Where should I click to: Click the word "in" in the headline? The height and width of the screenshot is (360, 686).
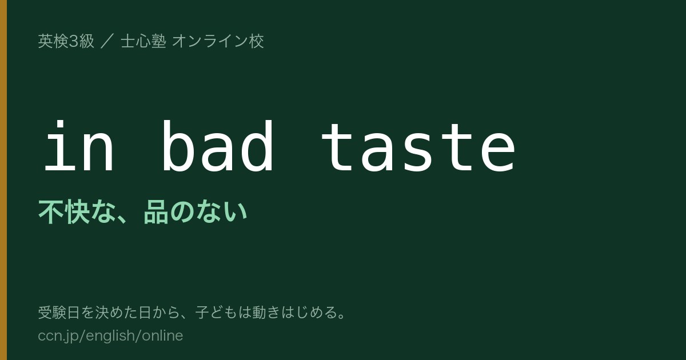(x=79, y=146)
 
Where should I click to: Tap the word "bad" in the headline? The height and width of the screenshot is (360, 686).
(x=218, y=146)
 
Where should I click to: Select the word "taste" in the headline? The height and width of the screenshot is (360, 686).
(x=418, y=147)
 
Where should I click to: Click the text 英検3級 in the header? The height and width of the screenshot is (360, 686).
(x=66, y=41)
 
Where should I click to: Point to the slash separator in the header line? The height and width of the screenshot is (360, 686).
(x=107, y=41)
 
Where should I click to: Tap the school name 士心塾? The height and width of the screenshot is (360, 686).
(x=143, y=41)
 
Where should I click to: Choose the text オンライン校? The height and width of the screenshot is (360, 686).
(x=218, y=41)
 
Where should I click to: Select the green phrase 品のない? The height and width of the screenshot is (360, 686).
(x=195, y=212)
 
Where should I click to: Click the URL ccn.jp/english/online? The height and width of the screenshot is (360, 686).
(x=110, y=335)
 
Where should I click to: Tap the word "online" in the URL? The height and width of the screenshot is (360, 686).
(x=162, y=335)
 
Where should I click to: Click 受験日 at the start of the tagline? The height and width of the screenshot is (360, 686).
(x=59, y=313)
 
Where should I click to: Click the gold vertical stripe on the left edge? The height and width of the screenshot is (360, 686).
(x=3, y=180)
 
